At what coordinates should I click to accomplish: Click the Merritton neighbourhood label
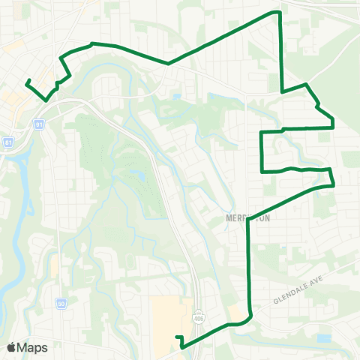tap(247, 217)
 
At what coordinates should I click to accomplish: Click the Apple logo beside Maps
tap(11, 347)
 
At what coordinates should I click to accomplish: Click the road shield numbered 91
tap(38, 124)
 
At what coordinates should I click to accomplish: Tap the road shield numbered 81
tap(8, 141)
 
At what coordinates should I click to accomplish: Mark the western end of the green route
tap(27, 81)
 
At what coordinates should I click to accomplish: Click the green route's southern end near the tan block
tap(177, 338)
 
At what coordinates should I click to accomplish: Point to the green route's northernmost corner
tap(279, 13)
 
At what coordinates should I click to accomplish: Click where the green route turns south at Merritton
tap(248, 218)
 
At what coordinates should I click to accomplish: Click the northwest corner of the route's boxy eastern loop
tap(261, 133)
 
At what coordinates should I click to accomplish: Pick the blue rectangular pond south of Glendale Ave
tap(323, 338)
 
